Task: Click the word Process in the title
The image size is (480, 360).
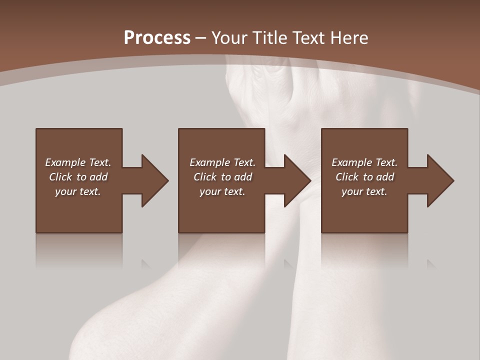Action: tap(157, 38)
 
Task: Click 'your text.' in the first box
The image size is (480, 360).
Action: tap(78, 191)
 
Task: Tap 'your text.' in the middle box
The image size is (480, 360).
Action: tap(222, 191)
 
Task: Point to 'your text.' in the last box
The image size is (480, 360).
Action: tap(364, 191)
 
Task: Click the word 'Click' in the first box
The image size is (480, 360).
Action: tap(60, 177)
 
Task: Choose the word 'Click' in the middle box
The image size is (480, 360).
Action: tap(205, 177)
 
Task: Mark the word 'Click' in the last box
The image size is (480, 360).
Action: tap(347, 177)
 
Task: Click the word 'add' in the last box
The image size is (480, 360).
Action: tap(384, 177)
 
